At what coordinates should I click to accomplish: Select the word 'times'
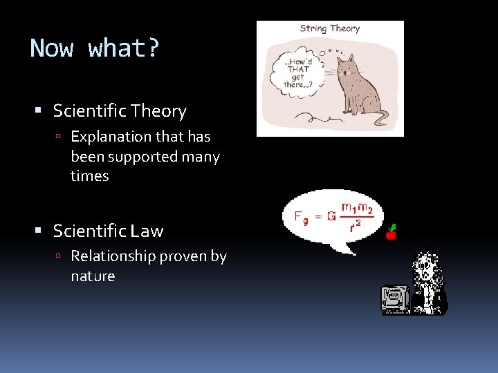tap(90, 176)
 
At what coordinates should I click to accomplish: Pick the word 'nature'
tap(93, 276)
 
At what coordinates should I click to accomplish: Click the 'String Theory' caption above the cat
tap(330, 29)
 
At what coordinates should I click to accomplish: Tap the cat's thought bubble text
tap(297, 72)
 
